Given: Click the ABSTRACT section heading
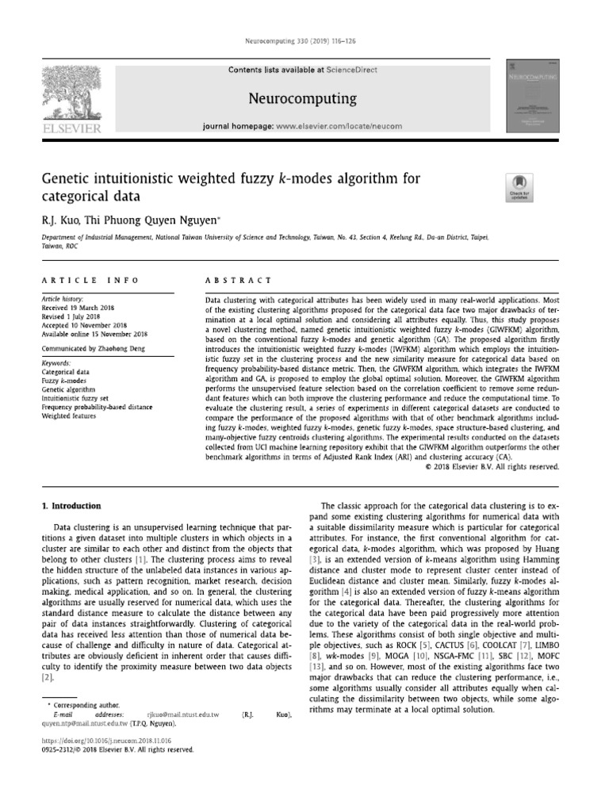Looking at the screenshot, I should [x=238, y=281].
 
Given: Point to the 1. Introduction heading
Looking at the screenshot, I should [x=71, y=506].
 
